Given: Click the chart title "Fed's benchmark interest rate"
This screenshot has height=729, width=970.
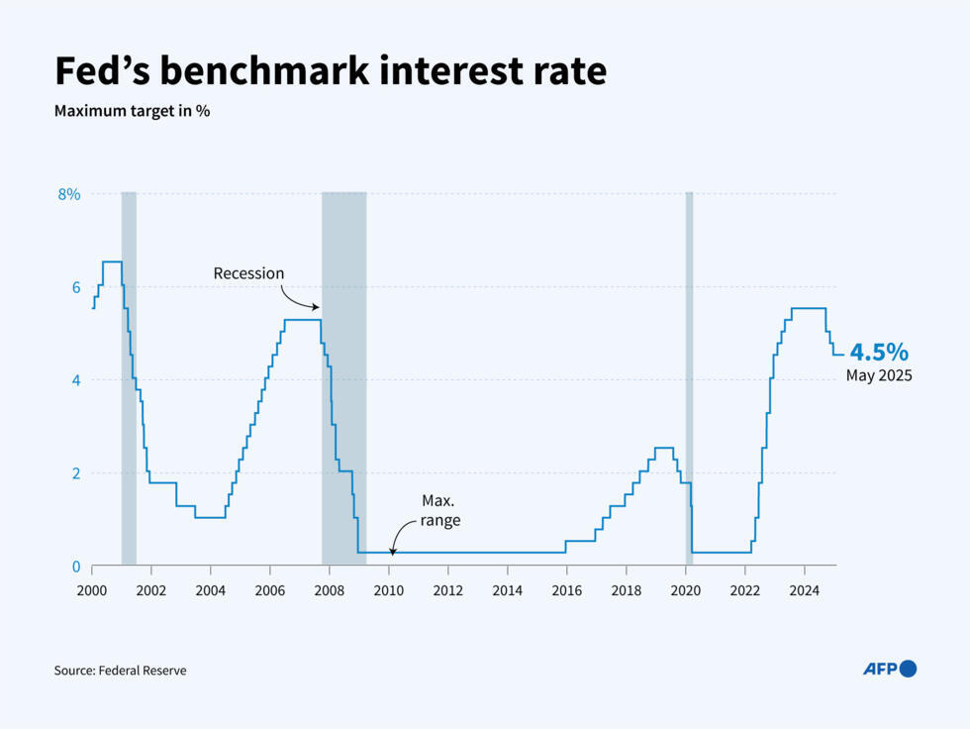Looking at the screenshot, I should (330, 72).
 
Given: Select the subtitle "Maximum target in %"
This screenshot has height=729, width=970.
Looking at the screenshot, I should (132, 111).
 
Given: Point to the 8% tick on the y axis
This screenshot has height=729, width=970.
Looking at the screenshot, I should (68, 194).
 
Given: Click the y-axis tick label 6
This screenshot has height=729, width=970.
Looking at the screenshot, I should (74, 287).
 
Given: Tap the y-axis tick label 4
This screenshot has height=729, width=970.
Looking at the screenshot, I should (74, 380).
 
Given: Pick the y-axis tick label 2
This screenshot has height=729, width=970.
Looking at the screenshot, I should (74, 473).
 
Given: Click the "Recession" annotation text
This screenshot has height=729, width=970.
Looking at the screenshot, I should (248, 273).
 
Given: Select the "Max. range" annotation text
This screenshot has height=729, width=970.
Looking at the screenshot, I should (439, 510).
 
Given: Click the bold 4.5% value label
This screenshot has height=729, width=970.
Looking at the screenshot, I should (878, 353).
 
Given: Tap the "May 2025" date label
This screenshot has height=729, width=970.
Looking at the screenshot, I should (878, 376).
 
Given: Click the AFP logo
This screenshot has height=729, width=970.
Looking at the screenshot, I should (890, 669).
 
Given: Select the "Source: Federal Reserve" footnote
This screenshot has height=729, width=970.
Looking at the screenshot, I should (120, 671).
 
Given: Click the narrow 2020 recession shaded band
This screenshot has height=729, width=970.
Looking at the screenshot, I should (689, 376).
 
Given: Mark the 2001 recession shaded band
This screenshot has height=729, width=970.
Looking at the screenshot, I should (129, 376).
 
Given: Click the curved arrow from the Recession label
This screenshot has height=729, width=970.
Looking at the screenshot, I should (297, 298).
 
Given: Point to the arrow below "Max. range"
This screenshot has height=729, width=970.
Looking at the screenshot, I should (395, 542).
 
